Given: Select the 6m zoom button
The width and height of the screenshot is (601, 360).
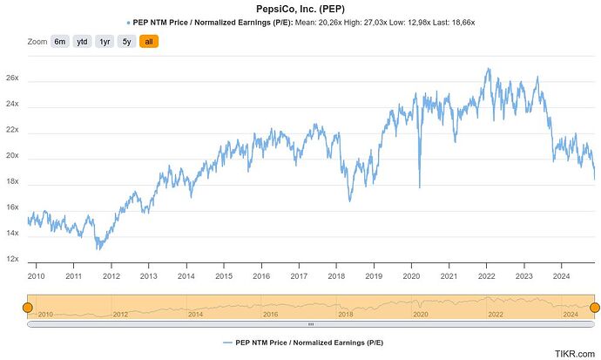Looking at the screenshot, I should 59,41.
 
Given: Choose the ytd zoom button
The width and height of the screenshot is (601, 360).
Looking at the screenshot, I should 82,41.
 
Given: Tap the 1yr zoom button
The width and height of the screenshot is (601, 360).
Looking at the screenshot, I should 105,41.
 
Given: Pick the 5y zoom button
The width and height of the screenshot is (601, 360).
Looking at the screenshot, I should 127,41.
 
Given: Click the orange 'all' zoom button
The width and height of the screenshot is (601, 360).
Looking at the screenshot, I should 149,41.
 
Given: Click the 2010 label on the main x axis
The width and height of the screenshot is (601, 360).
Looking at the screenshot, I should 37,275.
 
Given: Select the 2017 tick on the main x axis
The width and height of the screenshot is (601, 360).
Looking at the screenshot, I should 299,275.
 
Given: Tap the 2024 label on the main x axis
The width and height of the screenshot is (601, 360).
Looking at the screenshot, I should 561,275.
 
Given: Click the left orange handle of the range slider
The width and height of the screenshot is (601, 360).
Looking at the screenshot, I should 27,307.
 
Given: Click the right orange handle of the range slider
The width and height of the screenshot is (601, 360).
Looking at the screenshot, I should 595,307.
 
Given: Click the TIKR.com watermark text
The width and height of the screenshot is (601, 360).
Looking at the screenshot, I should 576,354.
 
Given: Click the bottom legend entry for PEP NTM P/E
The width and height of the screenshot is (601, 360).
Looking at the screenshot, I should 300,343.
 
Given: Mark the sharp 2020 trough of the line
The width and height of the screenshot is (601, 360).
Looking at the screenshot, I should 419,187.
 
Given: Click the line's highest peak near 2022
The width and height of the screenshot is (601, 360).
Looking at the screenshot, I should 487,68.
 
